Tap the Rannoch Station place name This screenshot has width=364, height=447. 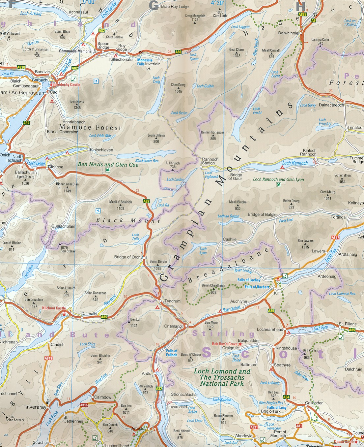pyautogui.click(x=210, y=161)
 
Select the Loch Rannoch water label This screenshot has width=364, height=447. pyautogui.click(x=295, y=163)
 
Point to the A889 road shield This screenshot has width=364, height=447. pyautogui.click(x=302, y=15)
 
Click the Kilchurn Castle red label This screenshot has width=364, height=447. pyautogui.click(x=54, y=308)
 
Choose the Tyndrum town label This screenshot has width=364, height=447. pyautogui.click(x=173, y=301)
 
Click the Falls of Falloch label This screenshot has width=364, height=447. pyautogui.click(x=172, y=353)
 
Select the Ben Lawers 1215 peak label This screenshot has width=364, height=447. pyautogui.click(x=305, y=243)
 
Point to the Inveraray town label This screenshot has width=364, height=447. pyautogui.click(x=36, y=407)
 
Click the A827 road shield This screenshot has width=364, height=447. pyautogui.click(x=335, y=238)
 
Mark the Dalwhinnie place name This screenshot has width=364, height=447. pyautogui.click(x=288, y=33)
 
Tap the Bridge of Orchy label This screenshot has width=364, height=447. pyautogui.click(x=128, y=257)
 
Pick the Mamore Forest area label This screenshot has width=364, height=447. pyautogui.click(x=90, y=127)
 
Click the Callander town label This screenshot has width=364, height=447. pyautogui.click(x=314, y=403)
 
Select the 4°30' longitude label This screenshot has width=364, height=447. pyautogui.click(x=217, y=3)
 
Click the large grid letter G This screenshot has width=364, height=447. pyautogui.click(x=154, y=5)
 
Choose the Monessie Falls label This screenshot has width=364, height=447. pyautogui.click(x=145, y=62)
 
